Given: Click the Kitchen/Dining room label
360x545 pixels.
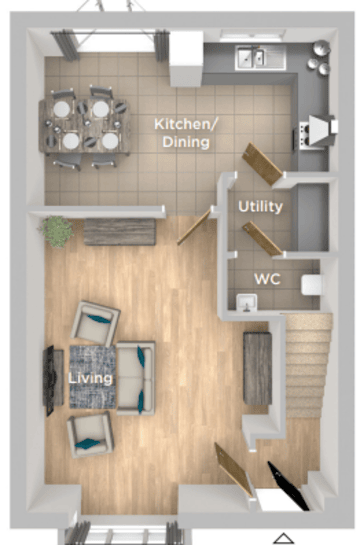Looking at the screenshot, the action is [186, 133].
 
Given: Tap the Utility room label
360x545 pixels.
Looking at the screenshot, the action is [260, 206].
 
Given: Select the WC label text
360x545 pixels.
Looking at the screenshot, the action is [267, 279].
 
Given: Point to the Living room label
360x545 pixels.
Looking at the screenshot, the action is [90, 378].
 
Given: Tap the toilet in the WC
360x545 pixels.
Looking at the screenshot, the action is [312, 285].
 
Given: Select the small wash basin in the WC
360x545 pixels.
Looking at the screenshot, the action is [247, 302].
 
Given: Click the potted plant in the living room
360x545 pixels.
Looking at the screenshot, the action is [57, 231].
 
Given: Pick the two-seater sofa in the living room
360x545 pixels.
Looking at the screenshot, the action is [136, 378].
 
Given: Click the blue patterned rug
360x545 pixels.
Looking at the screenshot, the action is [92, 377].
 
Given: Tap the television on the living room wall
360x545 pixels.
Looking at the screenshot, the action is [49, 380].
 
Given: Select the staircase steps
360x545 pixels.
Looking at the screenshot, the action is [308, 365].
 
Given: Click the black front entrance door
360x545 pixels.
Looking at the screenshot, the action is [288, 486].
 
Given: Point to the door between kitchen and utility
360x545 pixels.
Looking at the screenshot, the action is [262, 164].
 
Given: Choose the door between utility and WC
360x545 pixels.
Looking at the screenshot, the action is [262, 239].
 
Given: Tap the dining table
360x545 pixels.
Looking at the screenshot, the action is [85, 126].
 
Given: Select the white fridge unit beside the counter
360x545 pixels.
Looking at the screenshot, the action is [186, 59].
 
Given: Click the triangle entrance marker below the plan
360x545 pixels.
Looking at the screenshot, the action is [284, 538].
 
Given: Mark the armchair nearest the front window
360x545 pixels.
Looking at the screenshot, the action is [90, 434].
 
